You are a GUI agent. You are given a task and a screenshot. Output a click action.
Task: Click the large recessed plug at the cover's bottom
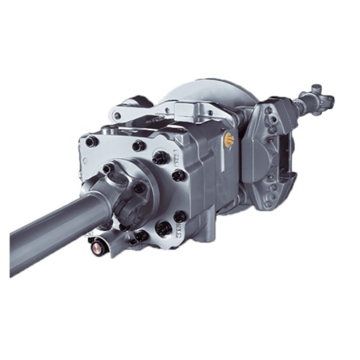click(x=164, y=228)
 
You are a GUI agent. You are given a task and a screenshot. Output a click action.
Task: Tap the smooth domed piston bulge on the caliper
click(x=256, y=169)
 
